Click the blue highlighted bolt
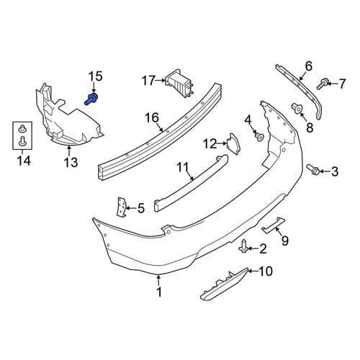(x=91, y=99)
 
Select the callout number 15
(x=96, y=76)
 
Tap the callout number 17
(x=148, y=81)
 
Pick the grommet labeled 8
(x=296, y=109)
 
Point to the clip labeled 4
(x=259, y=137)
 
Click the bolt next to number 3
(x=313, y=169)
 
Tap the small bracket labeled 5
(x=122, y=207)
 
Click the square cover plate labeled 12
(x=233, y=144)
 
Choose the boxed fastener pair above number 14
(x=22, y=135)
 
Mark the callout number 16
(x=152, y=118)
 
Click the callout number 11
(x=183, y=167)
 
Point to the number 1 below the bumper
(x=159, y=292)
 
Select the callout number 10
(x=266, y=271)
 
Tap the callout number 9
(x=284, y=240)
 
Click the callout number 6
(x=308, y=66)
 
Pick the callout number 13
(x=71, y=162)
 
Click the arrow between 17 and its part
(x=161, y=80)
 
